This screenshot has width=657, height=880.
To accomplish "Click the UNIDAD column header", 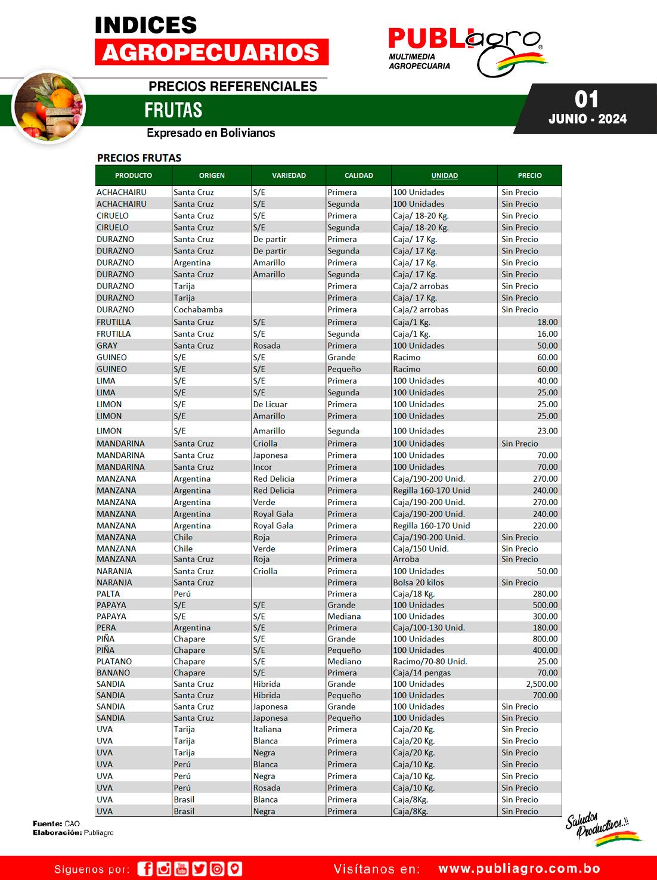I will pyautogui.click(x=444, y=175).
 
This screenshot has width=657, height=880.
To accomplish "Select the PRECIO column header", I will pyautogui.click(x=529, y=175).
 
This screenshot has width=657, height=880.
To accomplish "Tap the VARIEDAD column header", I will pyautogui.click(x=289, y=175).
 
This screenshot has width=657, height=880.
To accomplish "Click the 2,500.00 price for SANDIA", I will pyautogui.click(x=541, y=684).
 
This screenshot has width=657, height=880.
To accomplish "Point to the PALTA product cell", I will pyautogui.click(x=109, y=594).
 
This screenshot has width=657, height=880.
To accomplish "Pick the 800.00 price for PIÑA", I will pyautogui.click(x=545, y=639).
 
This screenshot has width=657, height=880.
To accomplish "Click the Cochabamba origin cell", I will pyautogui.click(x=198, y=309).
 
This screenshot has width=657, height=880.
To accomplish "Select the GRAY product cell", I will pyautogui.click(x=107, y=345).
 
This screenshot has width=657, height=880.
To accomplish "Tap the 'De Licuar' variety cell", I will pyautogui.click(x=270, y=404).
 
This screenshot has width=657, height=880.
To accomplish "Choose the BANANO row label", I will pyautogui.click(x=113, y=673).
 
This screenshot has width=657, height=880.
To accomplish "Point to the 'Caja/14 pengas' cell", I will pyautogui.click(x=422, y=673).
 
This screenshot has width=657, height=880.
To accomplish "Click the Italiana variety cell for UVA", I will pyautogui.click(x=267, y=729).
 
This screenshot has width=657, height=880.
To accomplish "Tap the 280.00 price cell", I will pyautogui.click(x=545, y=594).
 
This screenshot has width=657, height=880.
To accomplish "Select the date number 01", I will pyautogui.click(x=587, y=99).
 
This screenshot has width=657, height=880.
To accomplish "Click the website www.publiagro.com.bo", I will pyautogui.click(x=519, y=869).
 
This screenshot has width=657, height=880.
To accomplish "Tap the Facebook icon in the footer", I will pyautogui.click(x=145, y=869).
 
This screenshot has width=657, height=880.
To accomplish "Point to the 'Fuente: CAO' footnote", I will pyautogui.click(x=57, y=823).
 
